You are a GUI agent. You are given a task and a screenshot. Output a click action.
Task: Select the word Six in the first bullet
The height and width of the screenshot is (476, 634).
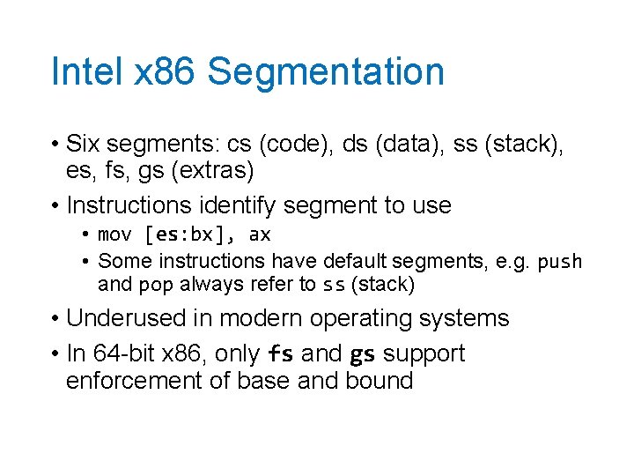pos(83,143)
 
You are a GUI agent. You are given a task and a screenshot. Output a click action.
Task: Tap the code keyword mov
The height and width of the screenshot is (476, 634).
pos(114,234)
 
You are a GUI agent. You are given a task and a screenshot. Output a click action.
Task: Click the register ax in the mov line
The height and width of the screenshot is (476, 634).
pos(260,234)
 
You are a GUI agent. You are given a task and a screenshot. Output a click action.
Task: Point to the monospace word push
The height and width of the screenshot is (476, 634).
pos(559,261)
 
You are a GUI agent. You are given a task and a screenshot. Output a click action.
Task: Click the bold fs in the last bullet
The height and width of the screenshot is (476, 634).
pos(280,353)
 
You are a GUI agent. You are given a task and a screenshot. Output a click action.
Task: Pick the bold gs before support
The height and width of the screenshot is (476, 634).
pos(363,353)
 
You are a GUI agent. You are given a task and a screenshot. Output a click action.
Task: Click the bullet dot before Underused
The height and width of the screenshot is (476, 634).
pos(55,318)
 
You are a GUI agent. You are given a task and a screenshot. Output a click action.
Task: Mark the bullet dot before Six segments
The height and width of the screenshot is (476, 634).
pos(55,144)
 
